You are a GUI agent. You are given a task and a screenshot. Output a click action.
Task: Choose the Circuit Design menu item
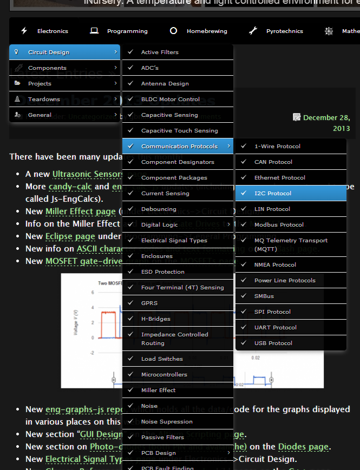click(48, 52)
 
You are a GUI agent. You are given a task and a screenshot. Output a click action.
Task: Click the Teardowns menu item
click(44, 100)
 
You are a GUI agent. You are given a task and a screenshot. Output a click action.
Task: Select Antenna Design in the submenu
click(165, 84)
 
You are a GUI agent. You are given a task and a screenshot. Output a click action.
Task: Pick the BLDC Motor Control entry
click(170, 100)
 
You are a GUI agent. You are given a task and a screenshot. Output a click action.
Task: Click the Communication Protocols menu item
click(179, 147)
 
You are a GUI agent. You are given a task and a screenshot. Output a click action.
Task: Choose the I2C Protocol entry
click(273, 194)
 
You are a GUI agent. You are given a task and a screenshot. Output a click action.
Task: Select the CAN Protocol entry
click(273, 162)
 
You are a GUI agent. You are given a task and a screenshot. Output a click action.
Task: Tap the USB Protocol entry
click(273, 343)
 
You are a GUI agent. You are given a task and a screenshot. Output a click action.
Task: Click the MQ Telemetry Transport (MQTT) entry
click(291, 244)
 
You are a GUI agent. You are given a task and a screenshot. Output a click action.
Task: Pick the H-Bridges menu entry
click(155, 319)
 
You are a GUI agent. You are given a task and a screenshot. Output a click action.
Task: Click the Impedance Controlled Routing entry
click(174, 339)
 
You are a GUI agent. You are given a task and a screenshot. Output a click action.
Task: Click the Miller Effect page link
click(80, 211)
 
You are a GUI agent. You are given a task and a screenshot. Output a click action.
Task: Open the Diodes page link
click(303, 447)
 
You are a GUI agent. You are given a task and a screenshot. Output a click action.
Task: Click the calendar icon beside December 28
click(297, 117)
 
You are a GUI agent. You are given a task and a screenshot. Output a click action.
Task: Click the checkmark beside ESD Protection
click(130, 272)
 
